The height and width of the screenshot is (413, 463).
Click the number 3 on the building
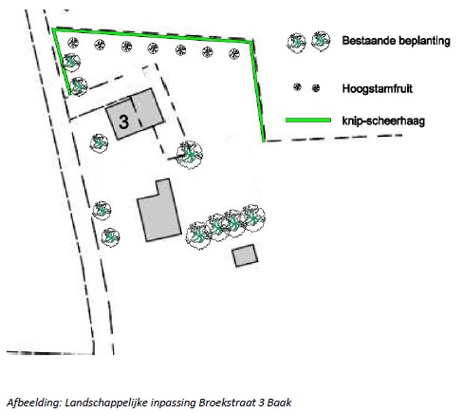tap(123, 122)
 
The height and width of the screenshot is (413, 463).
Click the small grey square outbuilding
tap(245, 255)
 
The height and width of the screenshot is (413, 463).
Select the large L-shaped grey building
tap(159, 211)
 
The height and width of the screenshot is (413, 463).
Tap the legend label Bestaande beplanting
tap(396, 41)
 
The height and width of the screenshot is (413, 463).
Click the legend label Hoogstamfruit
tap(378, 88)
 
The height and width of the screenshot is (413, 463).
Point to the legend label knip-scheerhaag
tap(383, 121)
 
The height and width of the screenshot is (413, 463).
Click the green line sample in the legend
tap(308, 120)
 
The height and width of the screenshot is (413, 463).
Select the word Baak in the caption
tap(279, 403)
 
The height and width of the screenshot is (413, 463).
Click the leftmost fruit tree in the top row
tap(73, 43)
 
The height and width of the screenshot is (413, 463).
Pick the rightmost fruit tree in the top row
tap(234, 54)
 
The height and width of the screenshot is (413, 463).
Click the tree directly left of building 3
tap(99, 143)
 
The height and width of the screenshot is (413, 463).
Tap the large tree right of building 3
tap(190, 155)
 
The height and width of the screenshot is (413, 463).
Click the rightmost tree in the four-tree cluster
tap(253, 217)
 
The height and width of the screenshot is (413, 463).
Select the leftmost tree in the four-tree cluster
tap(198, 235)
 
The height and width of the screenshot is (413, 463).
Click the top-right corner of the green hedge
tap(251, 42)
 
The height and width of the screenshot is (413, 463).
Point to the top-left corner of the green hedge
tap(53, 29)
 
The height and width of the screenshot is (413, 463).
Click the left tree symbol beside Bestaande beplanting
tap(297, 43)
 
